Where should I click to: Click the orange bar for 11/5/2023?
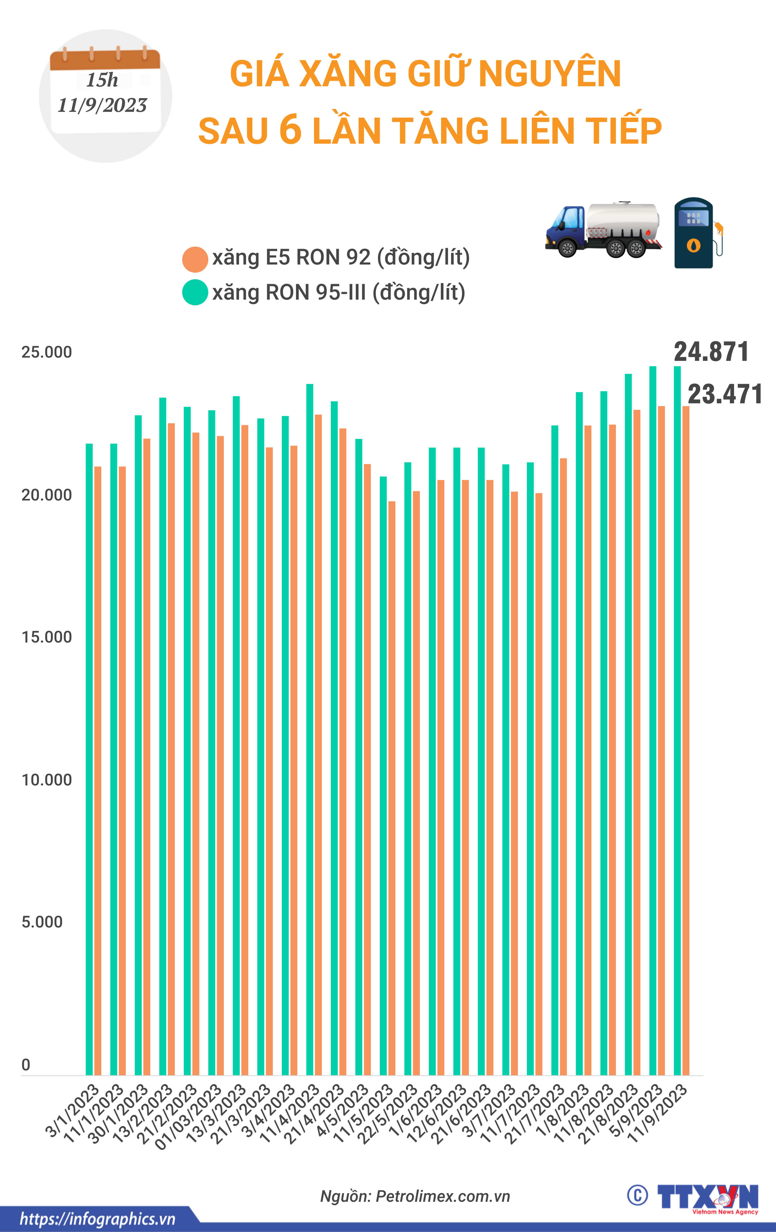point(392,788)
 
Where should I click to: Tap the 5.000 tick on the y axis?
point(42,922)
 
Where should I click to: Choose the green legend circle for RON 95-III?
point(195,293)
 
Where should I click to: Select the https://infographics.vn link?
point(97,1219)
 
